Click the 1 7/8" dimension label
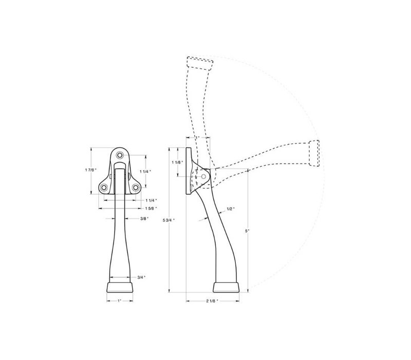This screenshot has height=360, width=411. tap(91, 170)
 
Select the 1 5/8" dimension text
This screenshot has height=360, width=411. tap(151, 208)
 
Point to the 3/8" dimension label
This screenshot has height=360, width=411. tap(144, 218)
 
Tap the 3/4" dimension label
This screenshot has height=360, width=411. tap(141, 277)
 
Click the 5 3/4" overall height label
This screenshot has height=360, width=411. tap(169, 220)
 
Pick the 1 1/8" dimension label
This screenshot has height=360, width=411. tap(177, 163)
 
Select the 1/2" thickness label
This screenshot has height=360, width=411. tap(231, 209)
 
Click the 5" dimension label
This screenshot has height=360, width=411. tap(247, 231)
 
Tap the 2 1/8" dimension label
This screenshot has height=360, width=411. tap(212, 301)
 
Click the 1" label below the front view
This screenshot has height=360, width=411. tap(120, 301)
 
